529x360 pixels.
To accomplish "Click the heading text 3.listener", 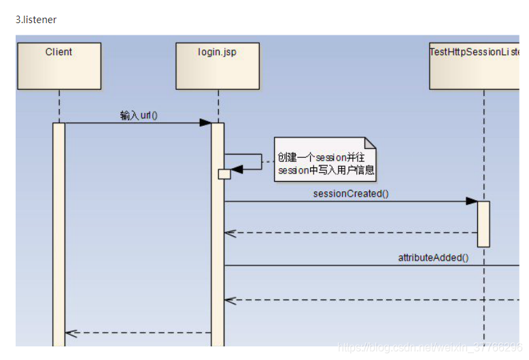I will point(36,20).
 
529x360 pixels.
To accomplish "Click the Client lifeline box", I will point(59,66).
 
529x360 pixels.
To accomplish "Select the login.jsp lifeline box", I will point(218,66).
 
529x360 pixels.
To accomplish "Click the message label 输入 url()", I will point(139,115).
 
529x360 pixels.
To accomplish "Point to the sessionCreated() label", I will point(351,193).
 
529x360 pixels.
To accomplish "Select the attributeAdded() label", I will point(433,257).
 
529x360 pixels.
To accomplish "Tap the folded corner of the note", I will point(370,143).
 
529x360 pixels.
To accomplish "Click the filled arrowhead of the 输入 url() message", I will point(205,123).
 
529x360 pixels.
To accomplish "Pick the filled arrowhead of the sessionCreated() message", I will point(471,201).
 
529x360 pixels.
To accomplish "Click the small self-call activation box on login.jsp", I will point(224,174).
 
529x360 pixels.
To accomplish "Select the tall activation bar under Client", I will point(59,231).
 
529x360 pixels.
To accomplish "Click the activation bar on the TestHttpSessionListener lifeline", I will point(483,223).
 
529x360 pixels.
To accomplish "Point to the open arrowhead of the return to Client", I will point(70,333).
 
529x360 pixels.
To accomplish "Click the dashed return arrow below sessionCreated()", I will point(351,233).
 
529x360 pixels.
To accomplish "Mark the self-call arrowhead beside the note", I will point(237,169).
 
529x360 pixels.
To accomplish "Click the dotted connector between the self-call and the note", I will point(269,161).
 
